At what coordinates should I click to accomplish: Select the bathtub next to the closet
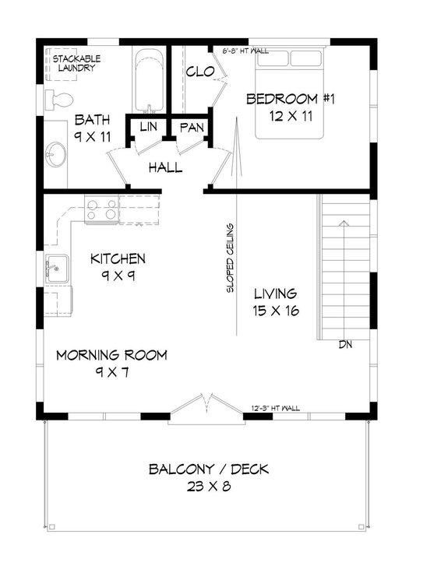click(x=148, y=82)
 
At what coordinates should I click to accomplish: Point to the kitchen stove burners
click(x=101, y=208)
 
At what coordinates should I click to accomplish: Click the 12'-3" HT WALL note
click(x=277, y=407)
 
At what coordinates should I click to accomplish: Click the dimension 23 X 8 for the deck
click(x=202, y=487)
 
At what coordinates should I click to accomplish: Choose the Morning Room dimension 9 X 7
click(x=112, y=372)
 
